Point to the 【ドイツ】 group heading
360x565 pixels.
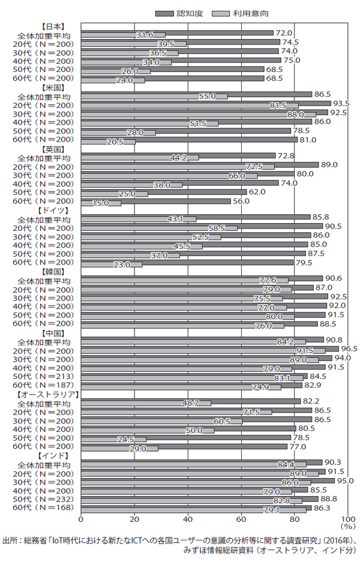pyautogui.click(x=52, y=211)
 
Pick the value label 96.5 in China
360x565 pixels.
pyautogui.click(x=349, y=348)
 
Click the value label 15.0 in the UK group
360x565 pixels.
pyautogui.click(x=100, y=203)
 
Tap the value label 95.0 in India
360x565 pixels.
pyautogui.click(x=344, y=480)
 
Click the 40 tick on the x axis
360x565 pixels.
pyautogui.click(x=187, y=518)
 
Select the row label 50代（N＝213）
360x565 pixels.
pyautogui.click(x=45, y=376)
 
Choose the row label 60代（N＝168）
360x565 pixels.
pyautogui.click(x=45, y=507)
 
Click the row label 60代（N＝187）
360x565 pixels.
pyautogui.click(x=45, y=385)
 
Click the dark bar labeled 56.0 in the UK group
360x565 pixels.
pyautogui.click(x=156, y=201)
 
